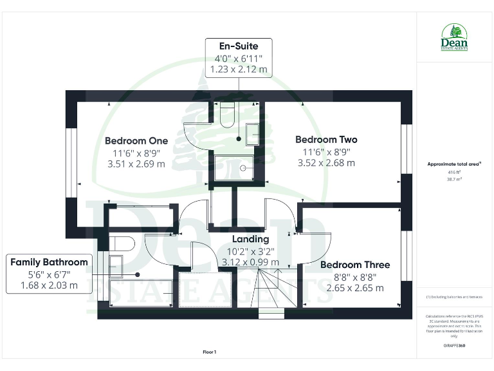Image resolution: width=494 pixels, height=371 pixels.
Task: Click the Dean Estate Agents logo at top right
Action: [x=454, y=37]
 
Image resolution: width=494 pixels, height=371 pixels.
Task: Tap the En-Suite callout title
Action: [x=238, y=47]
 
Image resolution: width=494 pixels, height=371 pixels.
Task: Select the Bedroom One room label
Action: [x=136, y=140]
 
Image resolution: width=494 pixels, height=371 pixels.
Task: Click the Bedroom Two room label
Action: [x=326, y=139]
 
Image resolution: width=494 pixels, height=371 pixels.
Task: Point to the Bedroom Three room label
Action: [x=354, y=265]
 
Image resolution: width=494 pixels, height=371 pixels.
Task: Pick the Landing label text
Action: [x=250, y=239]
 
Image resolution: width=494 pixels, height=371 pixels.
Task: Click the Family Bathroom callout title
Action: [x=48, y=262]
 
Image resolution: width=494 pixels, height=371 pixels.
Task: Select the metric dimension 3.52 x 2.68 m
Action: [x=326, y=163]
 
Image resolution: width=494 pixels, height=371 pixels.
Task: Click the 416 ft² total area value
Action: [x=454, y=173]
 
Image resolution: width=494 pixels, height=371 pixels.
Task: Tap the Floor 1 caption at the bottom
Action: [x=210, y=352]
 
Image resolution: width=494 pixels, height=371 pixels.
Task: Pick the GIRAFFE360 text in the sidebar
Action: [x=454, y=346]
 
